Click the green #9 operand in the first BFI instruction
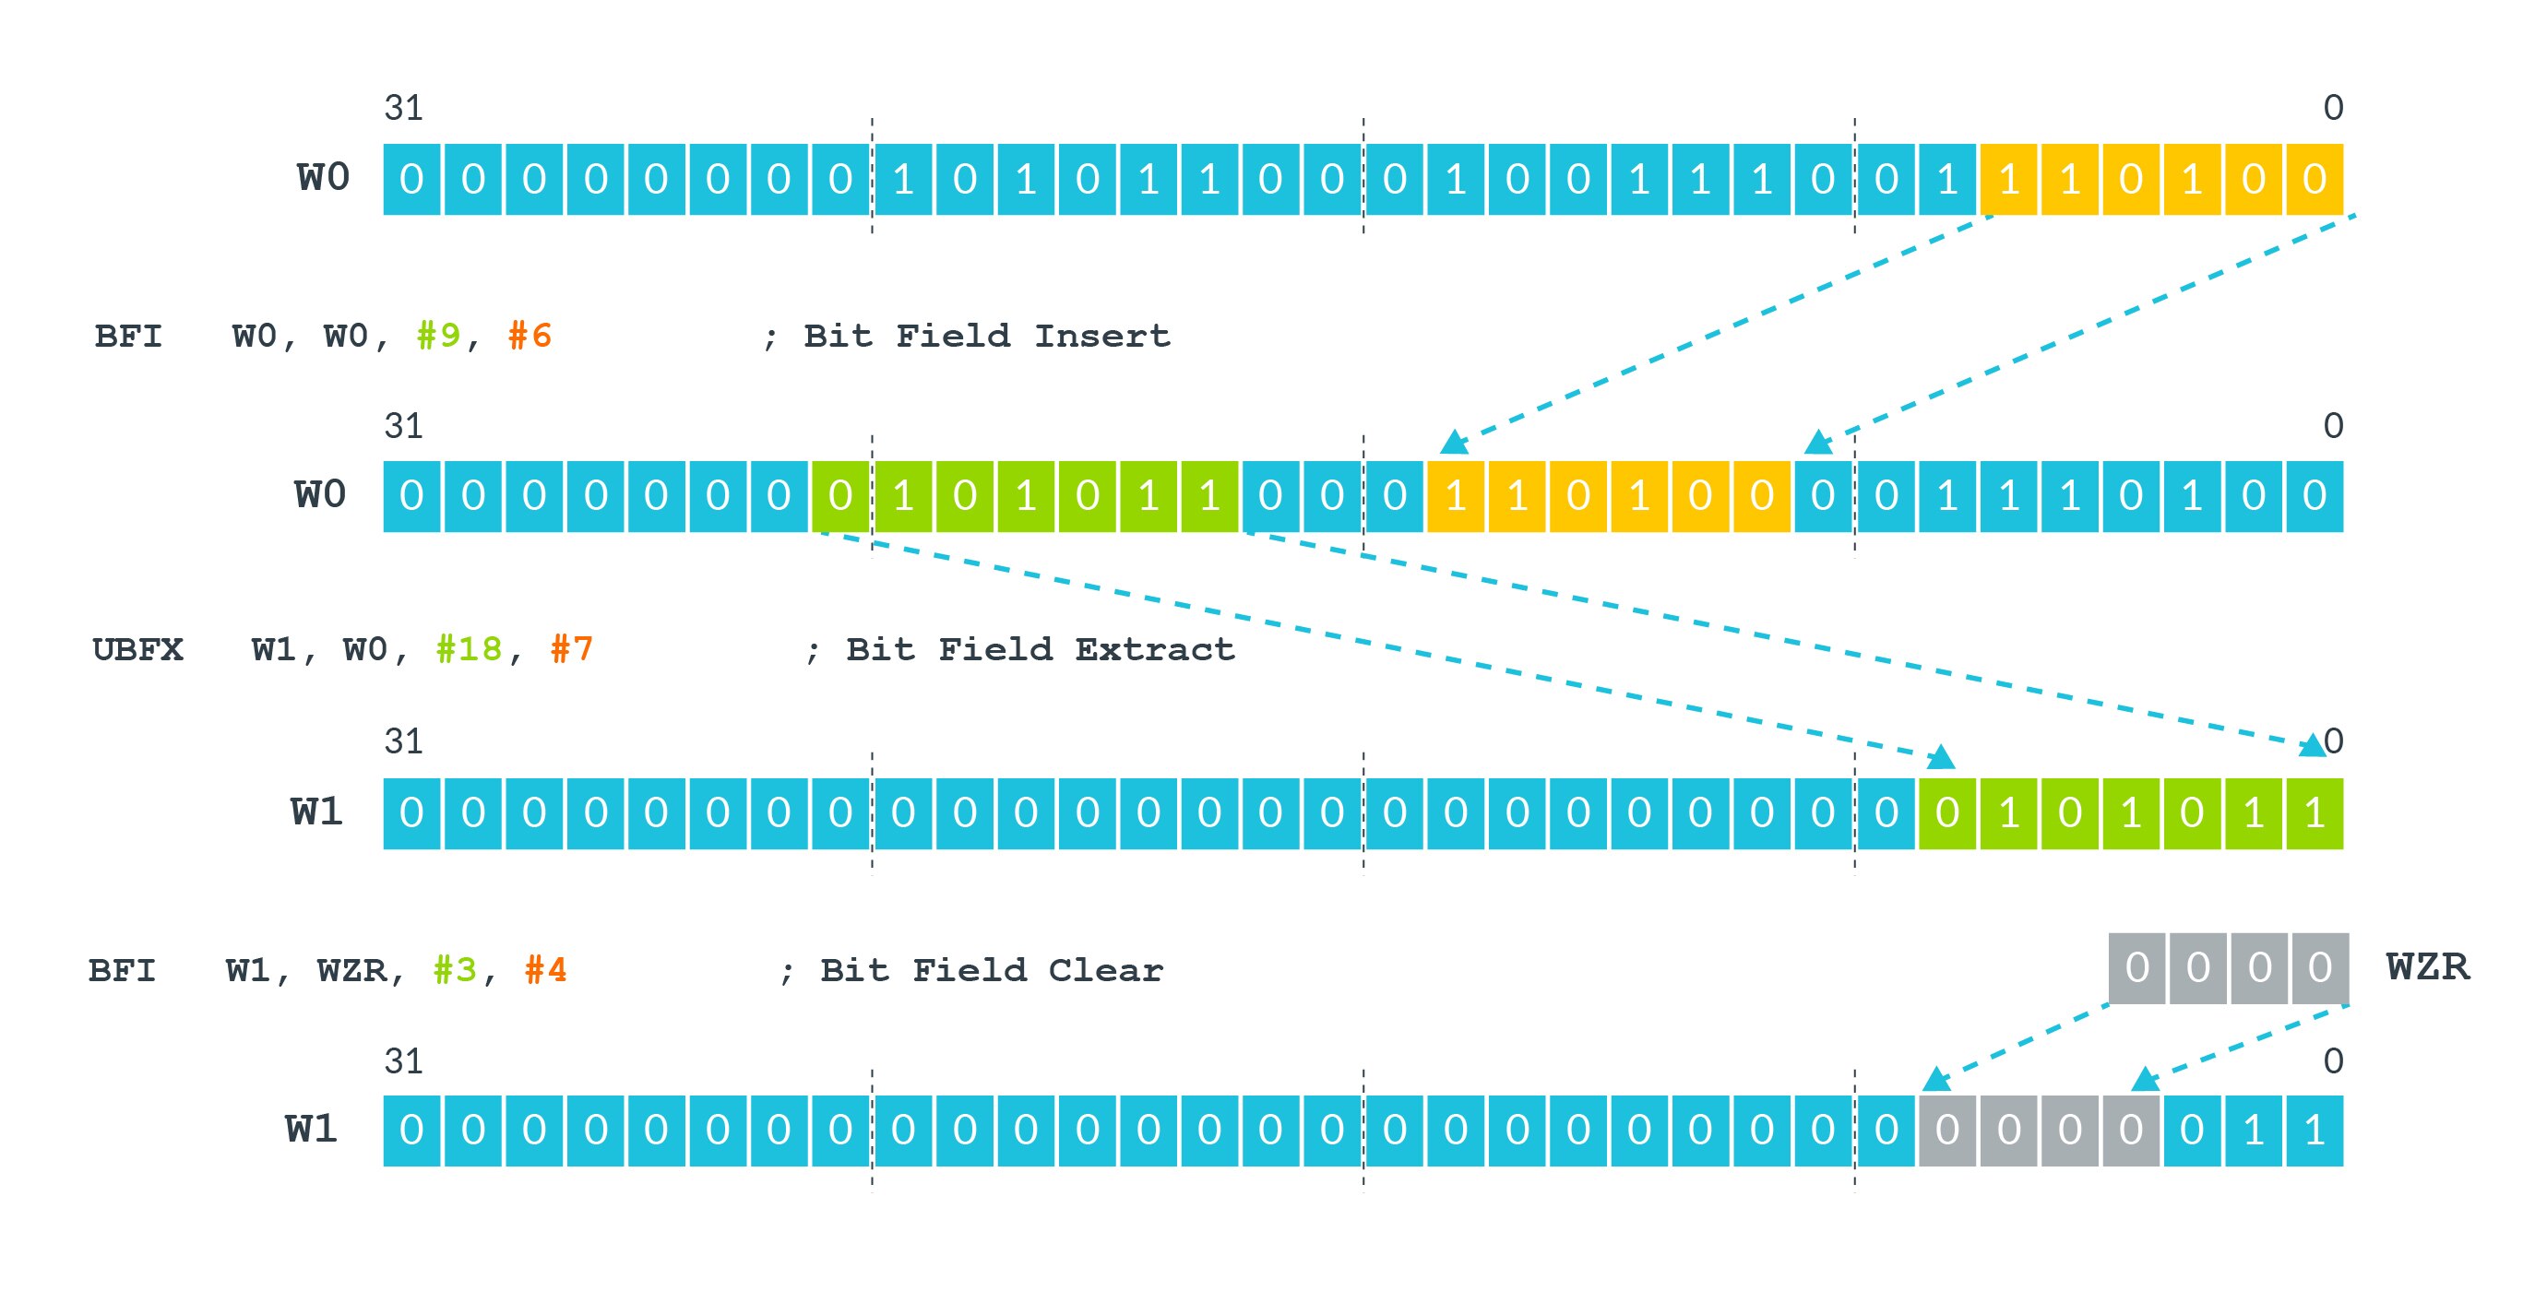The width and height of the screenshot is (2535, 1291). click(x=438, y=336)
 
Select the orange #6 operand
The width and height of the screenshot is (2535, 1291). click(x=530, y=336)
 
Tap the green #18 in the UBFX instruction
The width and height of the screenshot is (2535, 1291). click(x=469, y=649)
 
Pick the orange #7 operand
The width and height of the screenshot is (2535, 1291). click(x=572, y=649)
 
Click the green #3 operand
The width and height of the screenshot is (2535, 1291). click(x=455, y=970)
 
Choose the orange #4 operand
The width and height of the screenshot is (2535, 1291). click(x=546, y=970)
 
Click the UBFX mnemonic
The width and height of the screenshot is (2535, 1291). click(x=137, y=649)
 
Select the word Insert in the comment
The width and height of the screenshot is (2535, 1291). click(x=1102, y=336)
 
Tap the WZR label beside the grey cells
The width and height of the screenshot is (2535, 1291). click(x=2428, y=967)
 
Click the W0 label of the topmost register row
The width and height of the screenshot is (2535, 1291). click(x=324, y=178)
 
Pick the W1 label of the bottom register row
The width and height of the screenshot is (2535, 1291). click(x=312, y=1129)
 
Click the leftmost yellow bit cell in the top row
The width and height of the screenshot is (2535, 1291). click(x=2008, y=179)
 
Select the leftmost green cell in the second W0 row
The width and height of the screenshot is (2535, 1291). click(x=839, y=496)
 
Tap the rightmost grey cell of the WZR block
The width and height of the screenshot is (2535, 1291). click(x=2319, y=968)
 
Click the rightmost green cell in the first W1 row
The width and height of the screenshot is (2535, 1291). click(x=2315, y=812)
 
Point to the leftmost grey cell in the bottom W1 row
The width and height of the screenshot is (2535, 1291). click(x=1946, y=1131)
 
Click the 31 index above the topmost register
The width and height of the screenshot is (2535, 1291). click(x=403, y=107)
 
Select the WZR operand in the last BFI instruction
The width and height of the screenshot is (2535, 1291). click(x=352, y=970)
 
